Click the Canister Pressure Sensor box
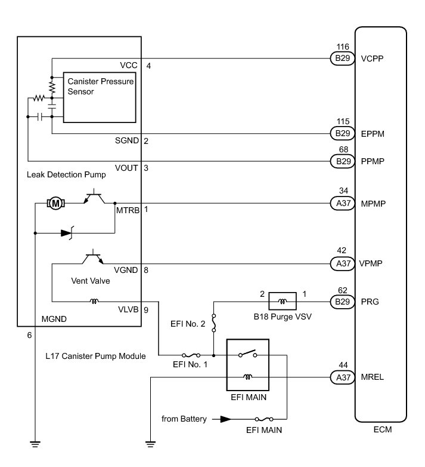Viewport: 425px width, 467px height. coord(101,97)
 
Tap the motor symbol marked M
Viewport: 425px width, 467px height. coord(56,204)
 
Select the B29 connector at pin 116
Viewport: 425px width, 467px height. coord(342,59)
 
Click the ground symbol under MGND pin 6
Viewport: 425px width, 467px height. coord(36,443)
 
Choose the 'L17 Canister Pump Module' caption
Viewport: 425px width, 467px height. coord(95,356)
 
